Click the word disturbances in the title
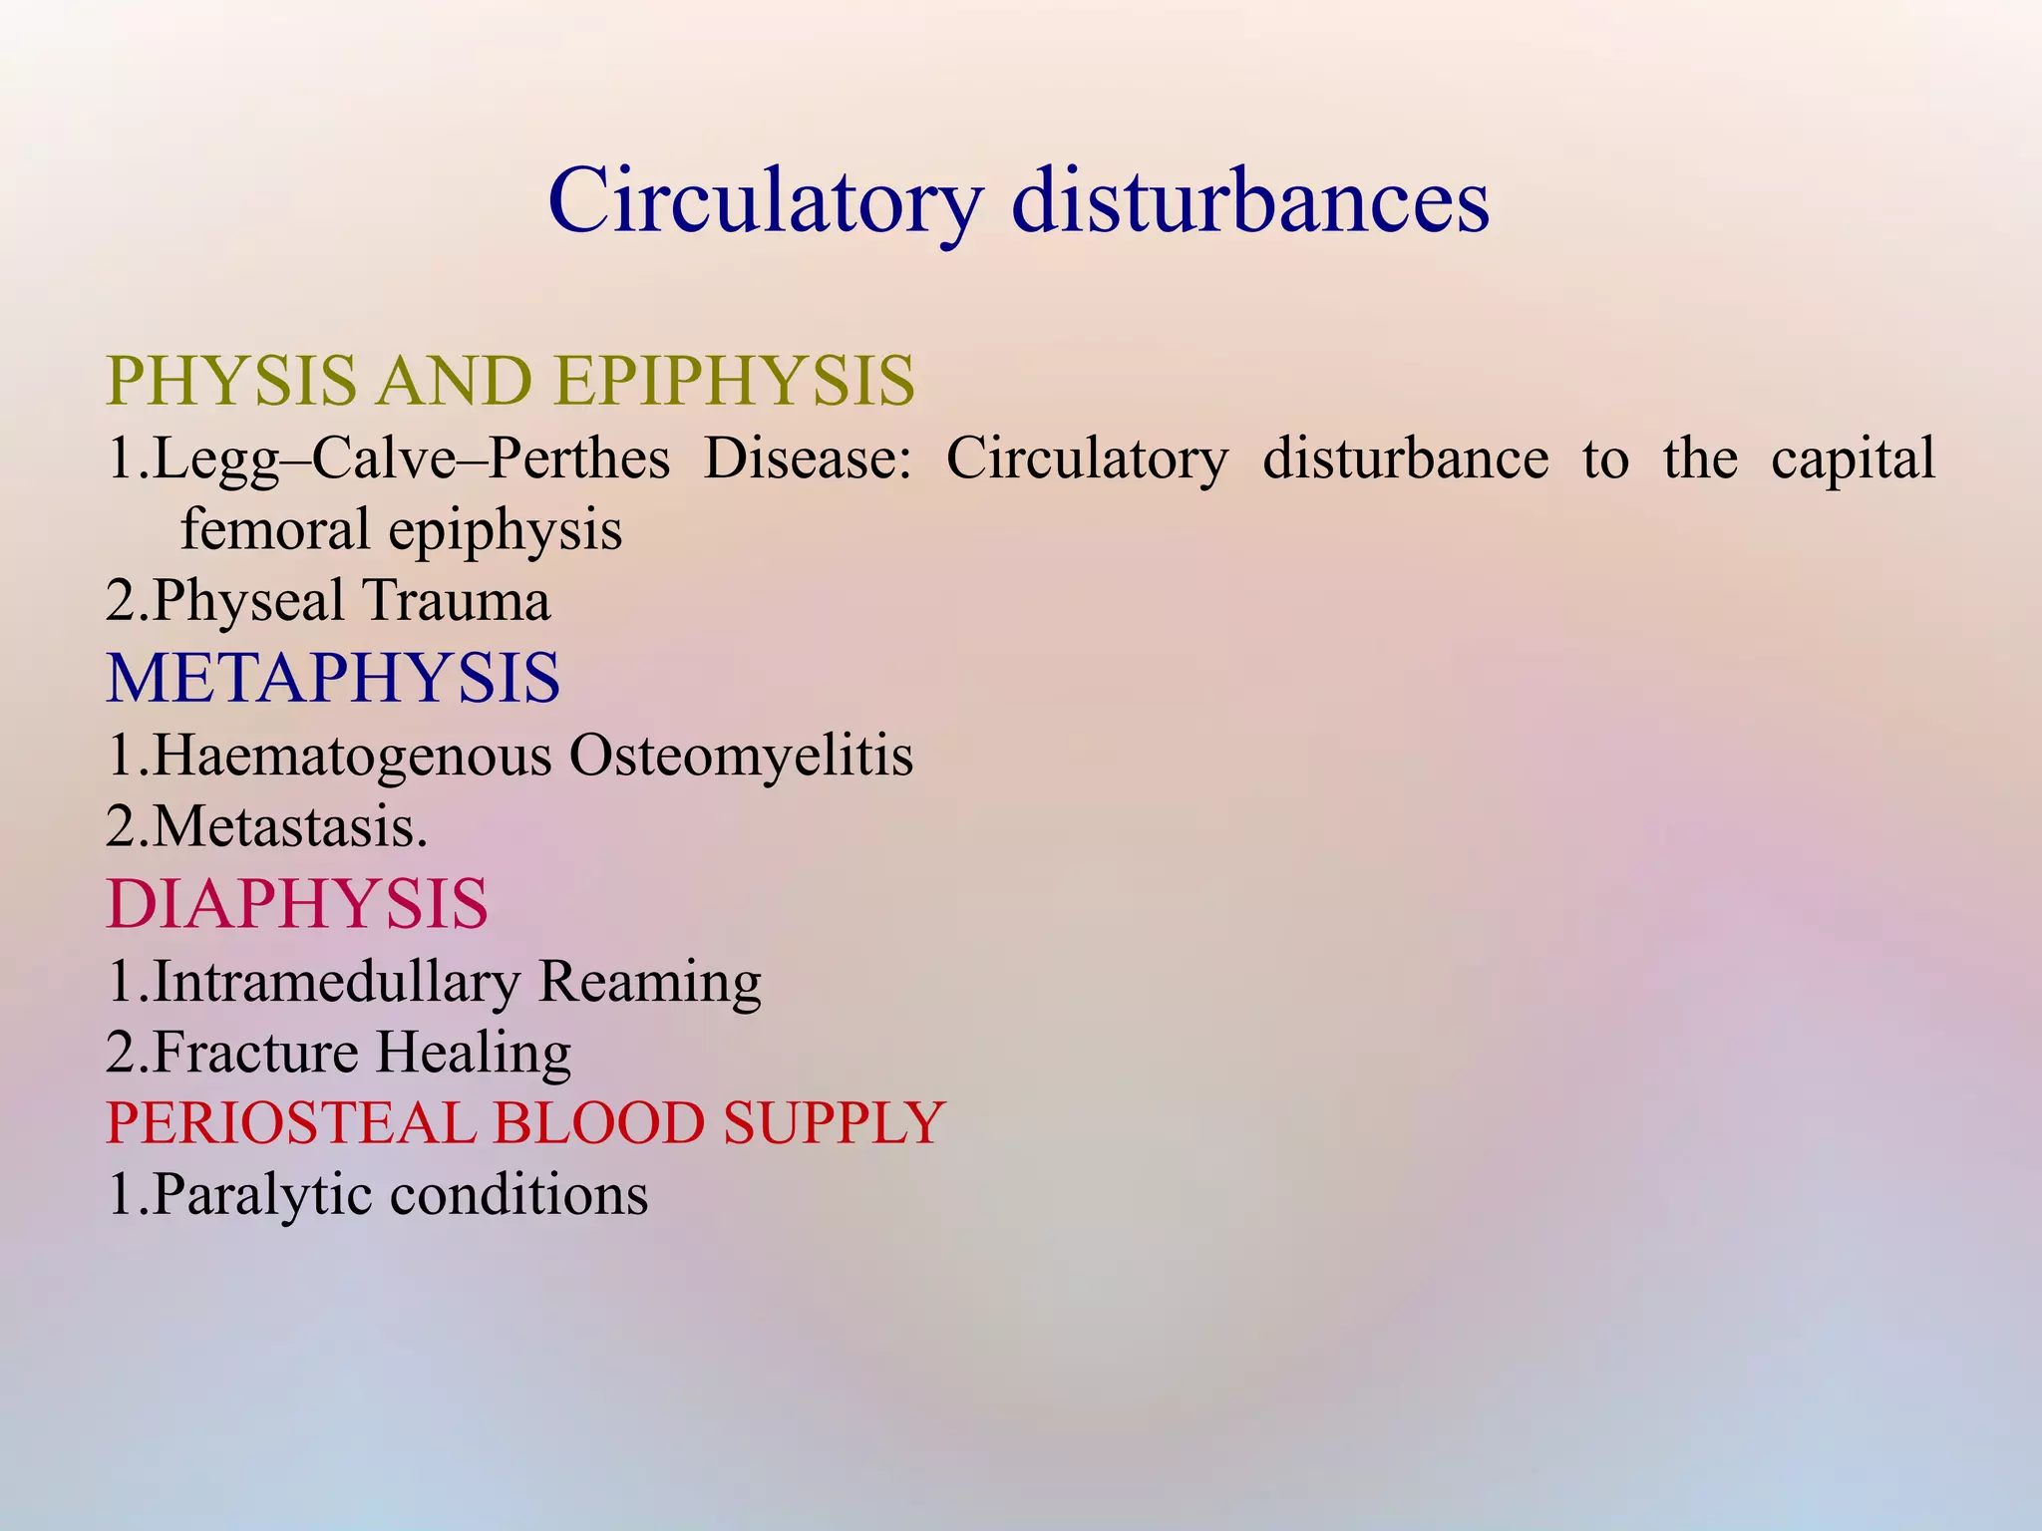pyautogui.click(x=1250, y=201)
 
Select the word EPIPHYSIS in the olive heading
pyautogui.click(x=734, y=382)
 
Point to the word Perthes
pyautogui.click(x=579, y=459)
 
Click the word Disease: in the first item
pyautogui.click(x=808, y=459)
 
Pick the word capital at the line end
pyautogui.click(x=1853, y=459)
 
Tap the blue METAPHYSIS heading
pyautogui.click(x=333, y=679)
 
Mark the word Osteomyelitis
pyautogui.click(x=741, y=756)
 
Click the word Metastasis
pyautogui.click(x=289, y=827)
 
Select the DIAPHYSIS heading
pyautogui.click(x=297, y=905)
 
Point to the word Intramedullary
pyautogui.click(x=336, y=982)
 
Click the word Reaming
pyautogui.click(x=649, y=982)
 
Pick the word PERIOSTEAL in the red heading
pyautogui.click(x=290, y=1123)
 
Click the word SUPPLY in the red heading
pyautogui.click(x=834, y=1123)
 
